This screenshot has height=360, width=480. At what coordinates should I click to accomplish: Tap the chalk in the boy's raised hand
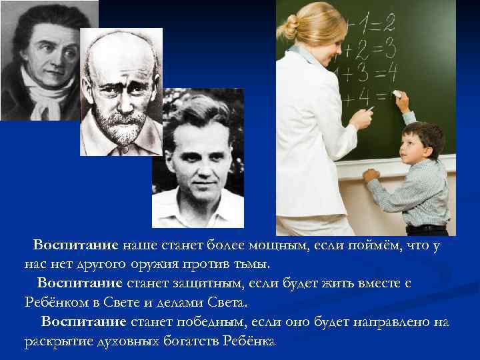click(397, 93)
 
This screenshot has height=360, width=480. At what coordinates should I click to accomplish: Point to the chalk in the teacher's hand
click(370, 109)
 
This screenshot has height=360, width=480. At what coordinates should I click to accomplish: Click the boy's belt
click(427, 228)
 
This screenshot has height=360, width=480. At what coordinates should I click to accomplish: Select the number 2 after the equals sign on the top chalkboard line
click(389, 23)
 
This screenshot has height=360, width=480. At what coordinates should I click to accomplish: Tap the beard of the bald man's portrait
click(120, 128)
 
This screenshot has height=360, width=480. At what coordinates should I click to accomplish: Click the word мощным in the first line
click(277, 245)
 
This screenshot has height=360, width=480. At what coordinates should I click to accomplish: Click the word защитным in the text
click(208, 284)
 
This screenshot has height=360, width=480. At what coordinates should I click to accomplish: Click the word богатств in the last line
click(191, 341)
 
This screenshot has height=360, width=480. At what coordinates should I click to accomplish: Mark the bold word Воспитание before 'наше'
click(75, 245)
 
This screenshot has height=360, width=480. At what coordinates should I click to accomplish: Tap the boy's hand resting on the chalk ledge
click(371, 175)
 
